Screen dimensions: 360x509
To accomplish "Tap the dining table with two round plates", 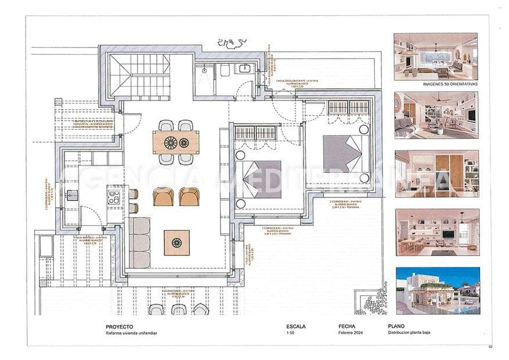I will [x=176, y=142].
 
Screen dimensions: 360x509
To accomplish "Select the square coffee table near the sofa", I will [x=176, y=242].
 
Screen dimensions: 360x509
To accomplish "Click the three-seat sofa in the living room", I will [x=139, y=242].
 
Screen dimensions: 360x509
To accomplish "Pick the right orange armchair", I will [x=189, y=197].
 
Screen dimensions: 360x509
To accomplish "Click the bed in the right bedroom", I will [x=342, y=153].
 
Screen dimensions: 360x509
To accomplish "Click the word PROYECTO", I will [x=119, y=326].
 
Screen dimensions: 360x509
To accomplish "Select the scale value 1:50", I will [x=291, y=333].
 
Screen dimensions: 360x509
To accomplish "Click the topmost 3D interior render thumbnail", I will [x=436, y=56].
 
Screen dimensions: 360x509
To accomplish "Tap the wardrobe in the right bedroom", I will [x=348, y=107].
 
